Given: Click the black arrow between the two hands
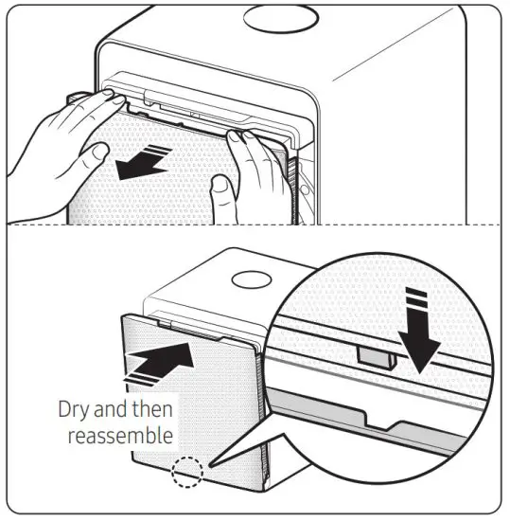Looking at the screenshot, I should [x=142, y=165].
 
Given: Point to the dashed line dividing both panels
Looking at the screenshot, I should [x=255, y=225].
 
